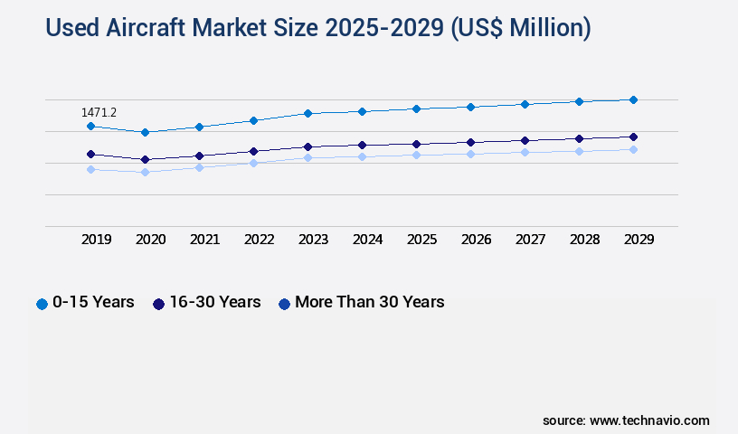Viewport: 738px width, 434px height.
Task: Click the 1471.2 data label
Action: point(99,113)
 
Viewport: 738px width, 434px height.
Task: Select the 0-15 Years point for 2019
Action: point(90,127)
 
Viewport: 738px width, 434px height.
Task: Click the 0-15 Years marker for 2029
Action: point(633,99)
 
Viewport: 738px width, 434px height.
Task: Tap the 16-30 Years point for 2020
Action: point(145,159)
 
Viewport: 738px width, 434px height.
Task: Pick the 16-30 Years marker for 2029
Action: point(633,137)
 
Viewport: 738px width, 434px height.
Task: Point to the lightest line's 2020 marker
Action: point(145,172)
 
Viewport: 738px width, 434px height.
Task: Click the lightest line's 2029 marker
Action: point(633,149)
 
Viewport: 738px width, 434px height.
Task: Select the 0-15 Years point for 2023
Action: point(307,113)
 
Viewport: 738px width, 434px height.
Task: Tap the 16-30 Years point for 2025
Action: point(416,144)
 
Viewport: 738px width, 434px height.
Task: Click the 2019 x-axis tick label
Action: point(97,240)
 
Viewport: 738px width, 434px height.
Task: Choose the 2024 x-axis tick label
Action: point(368,240)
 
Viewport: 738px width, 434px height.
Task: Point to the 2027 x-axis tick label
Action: point(531,240)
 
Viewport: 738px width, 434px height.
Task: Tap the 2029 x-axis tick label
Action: point(639,240)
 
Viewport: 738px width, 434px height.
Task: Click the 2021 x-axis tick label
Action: point(205,240)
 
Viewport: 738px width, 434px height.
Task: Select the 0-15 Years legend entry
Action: point(85,302)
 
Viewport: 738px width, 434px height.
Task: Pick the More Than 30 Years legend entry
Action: point(361,302)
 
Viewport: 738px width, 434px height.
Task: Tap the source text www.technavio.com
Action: point(649,420)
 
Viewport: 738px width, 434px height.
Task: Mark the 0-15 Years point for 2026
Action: point(470,107)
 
